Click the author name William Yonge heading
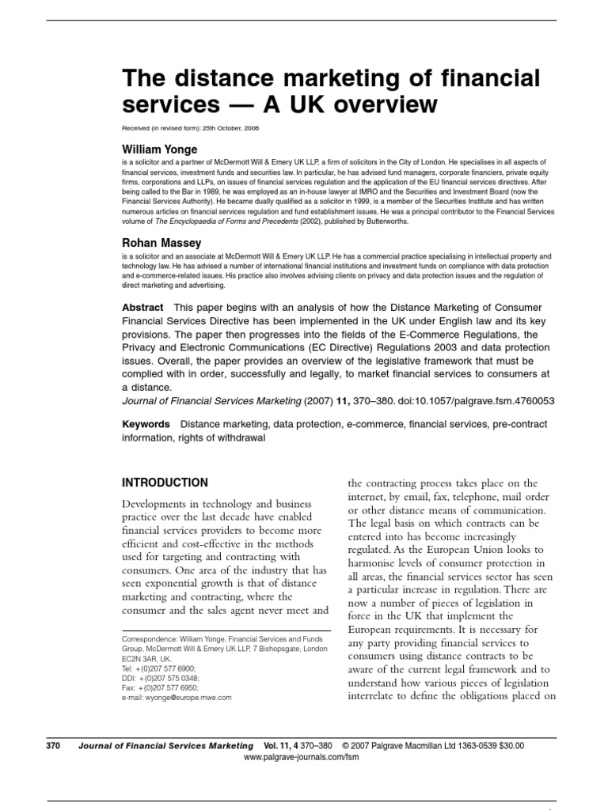pos(159,149)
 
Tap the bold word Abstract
pos(142,307)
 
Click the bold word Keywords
pos(146,425)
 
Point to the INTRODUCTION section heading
pos(165,483)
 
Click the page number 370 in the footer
pos(53,745)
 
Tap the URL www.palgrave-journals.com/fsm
pos(294,757)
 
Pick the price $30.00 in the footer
pos(507,745)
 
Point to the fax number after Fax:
pos(168,688)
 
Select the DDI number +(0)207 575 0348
pos(169,678)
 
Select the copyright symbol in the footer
pos(346,745)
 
